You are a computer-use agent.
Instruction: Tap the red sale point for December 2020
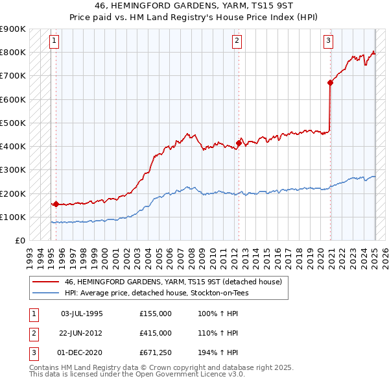click(330, 82)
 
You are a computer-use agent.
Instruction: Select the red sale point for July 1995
click(56, 204)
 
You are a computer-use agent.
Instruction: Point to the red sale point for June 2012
click(239, 143)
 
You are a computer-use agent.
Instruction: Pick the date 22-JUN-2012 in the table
click(82, 332)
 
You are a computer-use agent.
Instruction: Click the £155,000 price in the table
click(155, 314)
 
